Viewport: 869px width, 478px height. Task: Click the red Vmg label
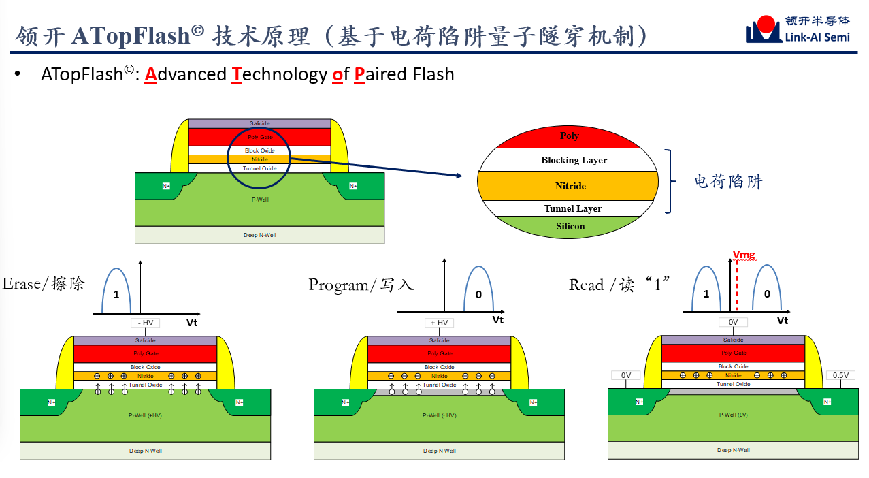pos(744,255)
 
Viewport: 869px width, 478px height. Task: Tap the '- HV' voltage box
pos(145,323)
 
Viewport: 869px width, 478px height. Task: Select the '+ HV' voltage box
pos(438,323)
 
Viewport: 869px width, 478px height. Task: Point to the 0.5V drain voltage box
pos(840,375)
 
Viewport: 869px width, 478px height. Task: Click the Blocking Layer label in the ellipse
pos(574,161)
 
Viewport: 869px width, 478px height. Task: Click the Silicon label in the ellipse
pos(570,226)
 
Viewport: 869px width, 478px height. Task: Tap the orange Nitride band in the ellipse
pos(570,186)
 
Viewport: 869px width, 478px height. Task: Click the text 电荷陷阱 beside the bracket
pos(728,182)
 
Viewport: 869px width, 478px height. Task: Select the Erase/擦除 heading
pos(44,284)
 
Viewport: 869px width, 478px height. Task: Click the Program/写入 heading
pos(361,285)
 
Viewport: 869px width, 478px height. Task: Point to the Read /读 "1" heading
pos(620,285)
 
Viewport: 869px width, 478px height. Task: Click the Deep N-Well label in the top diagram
pos(260,235)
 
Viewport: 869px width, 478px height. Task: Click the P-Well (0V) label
pos(733,415)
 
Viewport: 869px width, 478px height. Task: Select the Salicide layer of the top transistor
pos(259,123)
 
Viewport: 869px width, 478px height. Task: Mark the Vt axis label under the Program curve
pos(498,320)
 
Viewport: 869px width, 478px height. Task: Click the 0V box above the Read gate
pos(733,323)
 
